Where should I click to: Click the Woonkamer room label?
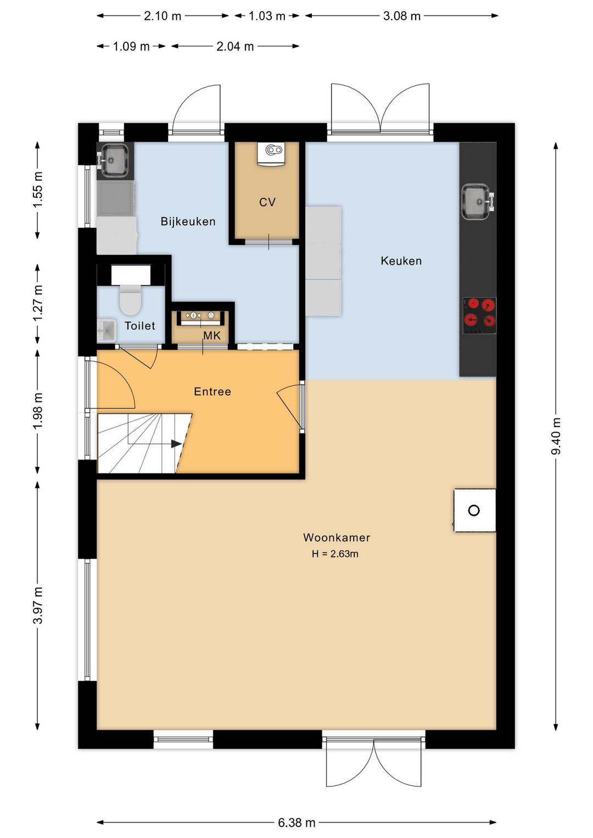coord(337,538)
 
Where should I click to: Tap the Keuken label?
coord(401,261)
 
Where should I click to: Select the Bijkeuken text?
coord(188,221)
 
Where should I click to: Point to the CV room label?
coord(267,202)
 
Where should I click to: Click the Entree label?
coord(212,392)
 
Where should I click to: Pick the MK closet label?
coord(212,336)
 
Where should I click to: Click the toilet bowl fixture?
coord(130,300)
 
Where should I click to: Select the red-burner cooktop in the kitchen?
coord(479,316)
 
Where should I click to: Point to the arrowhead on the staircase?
coord(176,444)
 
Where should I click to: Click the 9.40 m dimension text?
coord(556,436)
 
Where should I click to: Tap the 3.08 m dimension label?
coord(402,16)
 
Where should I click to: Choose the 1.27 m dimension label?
coord(38,303)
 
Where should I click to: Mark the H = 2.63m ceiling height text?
coord(335,554)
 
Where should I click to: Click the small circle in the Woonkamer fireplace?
coord(474,510)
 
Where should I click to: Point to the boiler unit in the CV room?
coord(271,154)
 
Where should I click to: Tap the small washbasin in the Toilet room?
coord(107,331)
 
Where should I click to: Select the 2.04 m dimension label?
coord(236,46)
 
